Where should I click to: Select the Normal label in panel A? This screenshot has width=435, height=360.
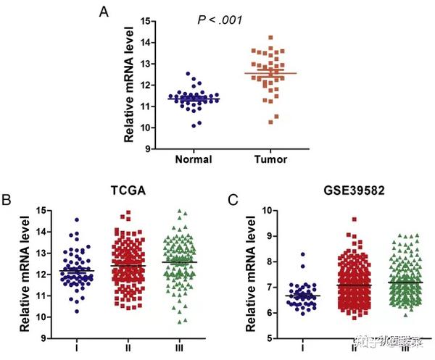pyautogui.click(x=194, y=159)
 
